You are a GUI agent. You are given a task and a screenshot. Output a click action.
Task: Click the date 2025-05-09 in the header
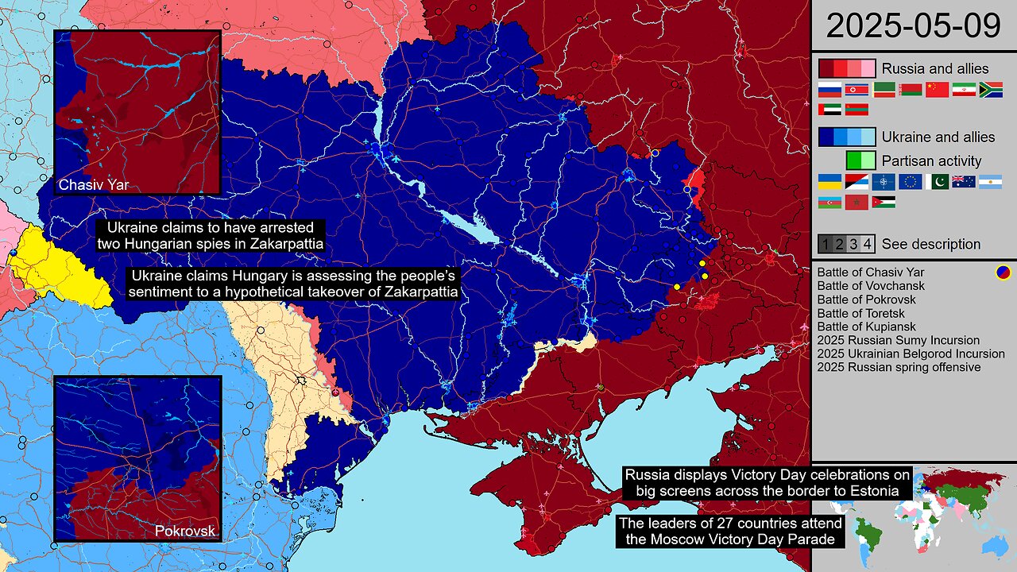tap(914, 25)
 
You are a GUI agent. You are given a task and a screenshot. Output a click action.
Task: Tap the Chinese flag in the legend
tap(937, 90)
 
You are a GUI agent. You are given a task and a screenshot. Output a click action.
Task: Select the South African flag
tap(991, 90)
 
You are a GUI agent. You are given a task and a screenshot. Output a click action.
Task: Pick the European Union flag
tap(910, 182)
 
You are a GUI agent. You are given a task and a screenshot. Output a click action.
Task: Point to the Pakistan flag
tap(937, 182)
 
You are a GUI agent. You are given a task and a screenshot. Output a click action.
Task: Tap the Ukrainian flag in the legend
tap(829, 182)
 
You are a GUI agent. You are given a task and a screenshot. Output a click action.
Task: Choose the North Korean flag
tap(857, 90)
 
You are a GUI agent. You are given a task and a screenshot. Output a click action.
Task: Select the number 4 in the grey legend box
tap(868, 244)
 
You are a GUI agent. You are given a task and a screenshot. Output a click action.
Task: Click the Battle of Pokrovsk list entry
tap(866, 300)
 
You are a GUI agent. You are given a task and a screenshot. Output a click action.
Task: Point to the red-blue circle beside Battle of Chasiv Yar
tap(1003, 272)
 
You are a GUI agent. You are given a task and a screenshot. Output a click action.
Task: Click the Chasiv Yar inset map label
tap(94, 185)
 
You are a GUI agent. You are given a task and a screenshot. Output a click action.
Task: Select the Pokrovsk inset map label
tap(185, 531)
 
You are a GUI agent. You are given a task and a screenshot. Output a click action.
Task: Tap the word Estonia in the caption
tap(876, 492)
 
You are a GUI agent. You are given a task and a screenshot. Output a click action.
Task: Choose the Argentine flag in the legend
tap(990, 182)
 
